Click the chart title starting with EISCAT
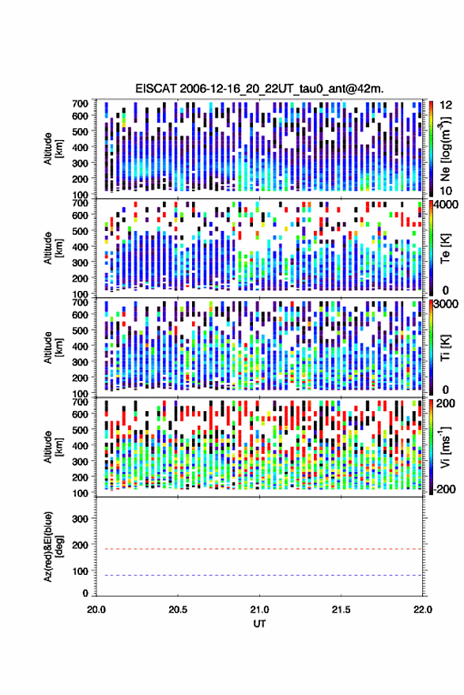[x=259, y=89]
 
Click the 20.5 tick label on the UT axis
[x=178, y=610]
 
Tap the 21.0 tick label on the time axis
[x=259, y=610]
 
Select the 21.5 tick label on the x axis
[x=341, y=610]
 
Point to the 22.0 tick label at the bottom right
[x=422, y=610]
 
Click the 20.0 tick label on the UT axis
[x=96, y=610]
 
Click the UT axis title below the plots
[x=259, y=624]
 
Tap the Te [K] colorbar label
[x=445, y=248]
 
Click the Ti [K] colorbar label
[x=445, y=348]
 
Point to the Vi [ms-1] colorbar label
[x=446, y=447]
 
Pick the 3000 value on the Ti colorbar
[x=447, y=304]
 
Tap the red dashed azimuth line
[x=259, y=549]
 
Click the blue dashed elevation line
[x=259, y=576]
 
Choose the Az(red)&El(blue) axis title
[x=52, y=546]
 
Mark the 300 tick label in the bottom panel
[x=80, y=519]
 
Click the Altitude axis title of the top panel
[x=52, y=149]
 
